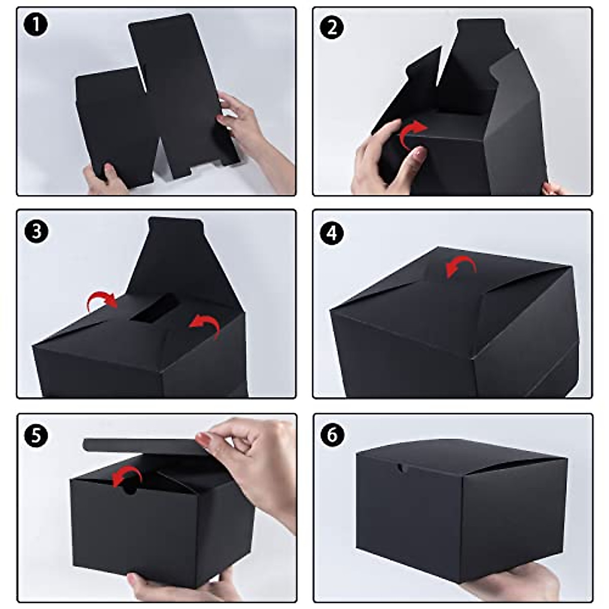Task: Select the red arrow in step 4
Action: tap(461, 266)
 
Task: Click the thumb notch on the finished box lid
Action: tap(401, 468)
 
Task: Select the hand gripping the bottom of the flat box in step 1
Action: tap(104, 180)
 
